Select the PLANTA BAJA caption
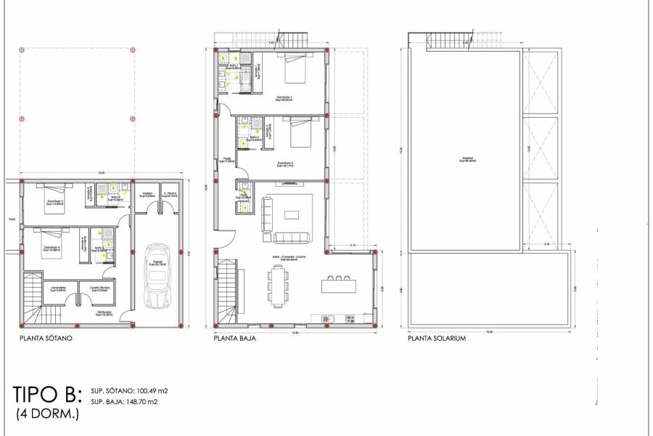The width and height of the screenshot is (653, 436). [x=233, y=339]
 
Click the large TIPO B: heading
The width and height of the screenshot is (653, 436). [x=46, y=395]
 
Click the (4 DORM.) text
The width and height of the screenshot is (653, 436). [x=47, y=414]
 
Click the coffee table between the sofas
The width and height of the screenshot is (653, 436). [x=292, y=214]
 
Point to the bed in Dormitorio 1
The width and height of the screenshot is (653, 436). [x=295, y=70]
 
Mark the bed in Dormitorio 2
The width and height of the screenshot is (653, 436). [x=300, y=134]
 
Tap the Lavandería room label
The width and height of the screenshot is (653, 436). [x=59, y=288]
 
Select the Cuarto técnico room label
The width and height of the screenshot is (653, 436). [x=99, y=288]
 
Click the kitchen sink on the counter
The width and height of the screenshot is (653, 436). [x=326, y=318]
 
